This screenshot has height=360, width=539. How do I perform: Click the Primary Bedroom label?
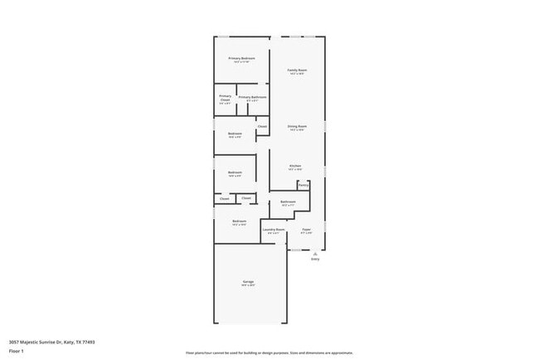(242, 58)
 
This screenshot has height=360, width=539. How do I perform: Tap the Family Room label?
(298, 71)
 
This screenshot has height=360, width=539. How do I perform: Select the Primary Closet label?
(226, 98)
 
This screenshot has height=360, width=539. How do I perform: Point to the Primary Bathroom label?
(252, 98)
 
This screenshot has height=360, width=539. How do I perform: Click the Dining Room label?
(297, 126)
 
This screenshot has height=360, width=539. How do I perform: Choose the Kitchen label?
(295, 166)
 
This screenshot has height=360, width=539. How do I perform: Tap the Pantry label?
(303, 185)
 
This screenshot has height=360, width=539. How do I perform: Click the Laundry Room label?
(274, 229)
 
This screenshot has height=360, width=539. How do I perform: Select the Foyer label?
(306, 229)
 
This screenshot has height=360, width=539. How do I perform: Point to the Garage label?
(248, 282)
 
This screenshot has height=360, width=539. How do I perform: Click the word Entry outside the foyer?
(315, 260)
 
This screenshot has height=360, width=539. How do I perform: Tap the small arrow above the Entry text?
(315, 253)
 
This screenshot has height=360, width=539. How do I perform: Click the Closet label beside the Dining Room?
(262, 127)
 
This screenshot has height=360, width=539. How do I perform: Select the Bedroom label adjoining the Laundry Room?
(240, 221)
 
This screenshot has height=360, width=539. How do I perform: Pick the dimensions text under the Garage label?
(248, 286)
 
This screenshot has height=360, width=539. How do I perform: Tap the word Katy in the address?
(68, 341)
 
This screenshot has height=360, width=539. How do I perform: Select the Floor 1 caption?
(16, 351)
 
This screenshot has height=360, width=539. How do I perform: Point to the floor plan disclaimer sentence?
(269, 353)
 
